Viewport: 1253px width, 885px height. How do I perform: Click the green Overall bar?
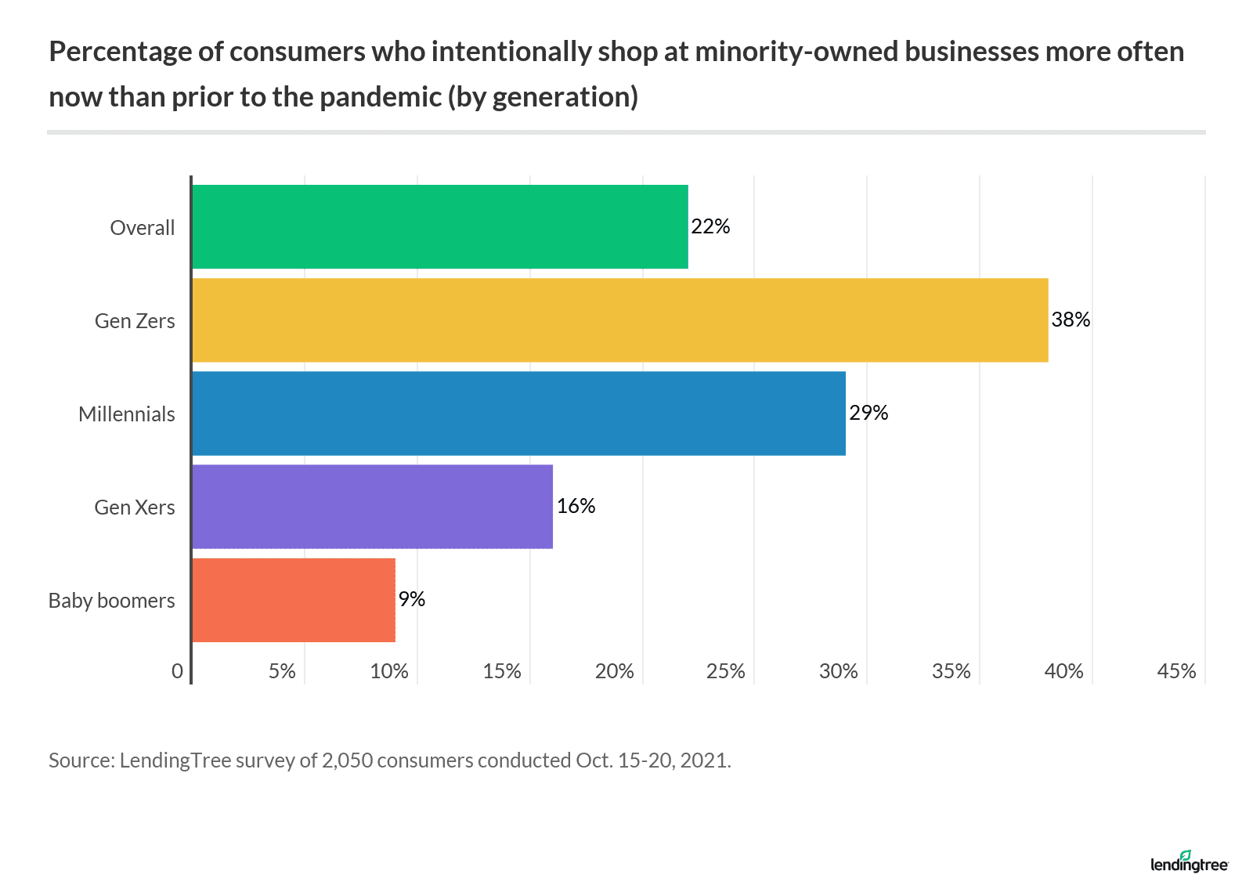pos(439,227)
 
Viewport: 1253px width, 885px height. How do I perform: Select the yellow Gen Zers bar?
pos(619,320)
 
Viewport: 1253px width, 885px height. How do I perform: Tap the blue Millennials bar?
pos(518,414)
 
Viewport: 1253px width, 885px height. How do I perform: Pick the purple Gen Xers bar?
pos(372,507)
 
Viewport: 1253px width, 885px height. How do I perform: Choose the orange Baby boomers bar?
pos(294,600)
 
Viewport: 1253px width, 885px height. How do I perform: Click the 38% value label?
pos(1071,320)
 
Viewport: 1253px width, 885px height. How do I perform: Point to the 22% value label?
pos(710,226)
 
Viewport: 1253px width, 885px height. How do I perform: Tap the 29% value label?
pos(868,413)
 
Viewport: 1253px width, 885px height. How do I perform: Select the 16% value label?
pos(576,506)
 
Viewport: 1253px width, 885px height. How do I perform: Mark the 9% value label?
pos(412,599)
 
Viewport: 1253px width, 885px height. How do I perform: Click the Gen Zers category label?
pos(135,321)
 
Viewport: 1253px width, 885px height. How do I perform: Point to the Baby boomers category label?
pos(112,601)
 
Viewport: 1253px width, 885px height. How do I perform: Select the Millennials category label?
pos(127,414)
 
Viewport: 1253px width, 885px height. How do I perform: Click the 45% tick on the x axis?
pos(1176,671)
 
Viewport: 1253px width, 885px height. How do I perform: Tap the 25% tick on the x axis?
pos(726,671)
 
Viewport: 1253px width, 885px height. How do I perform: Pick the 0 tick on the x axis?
pos(178,671)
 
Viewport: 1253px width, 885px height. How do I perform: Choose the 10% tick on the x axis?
pos(389,671)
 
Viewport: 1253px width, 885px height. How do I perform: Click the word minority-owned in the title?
pos(795,52)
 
